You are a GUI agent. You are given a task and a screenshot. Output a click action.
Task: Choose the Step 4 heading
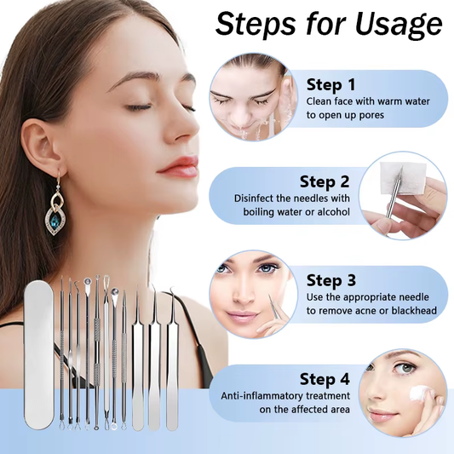coord(325,379)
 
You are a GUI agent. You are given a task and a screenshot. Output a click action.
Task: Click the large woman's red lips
coord(180,166)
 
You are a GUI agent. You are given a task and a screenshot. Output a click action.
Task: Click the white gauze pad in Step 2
coord(388,184)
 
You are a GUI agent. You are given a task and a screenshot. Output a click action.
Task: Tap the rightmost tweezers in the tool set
coord(173,361)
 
